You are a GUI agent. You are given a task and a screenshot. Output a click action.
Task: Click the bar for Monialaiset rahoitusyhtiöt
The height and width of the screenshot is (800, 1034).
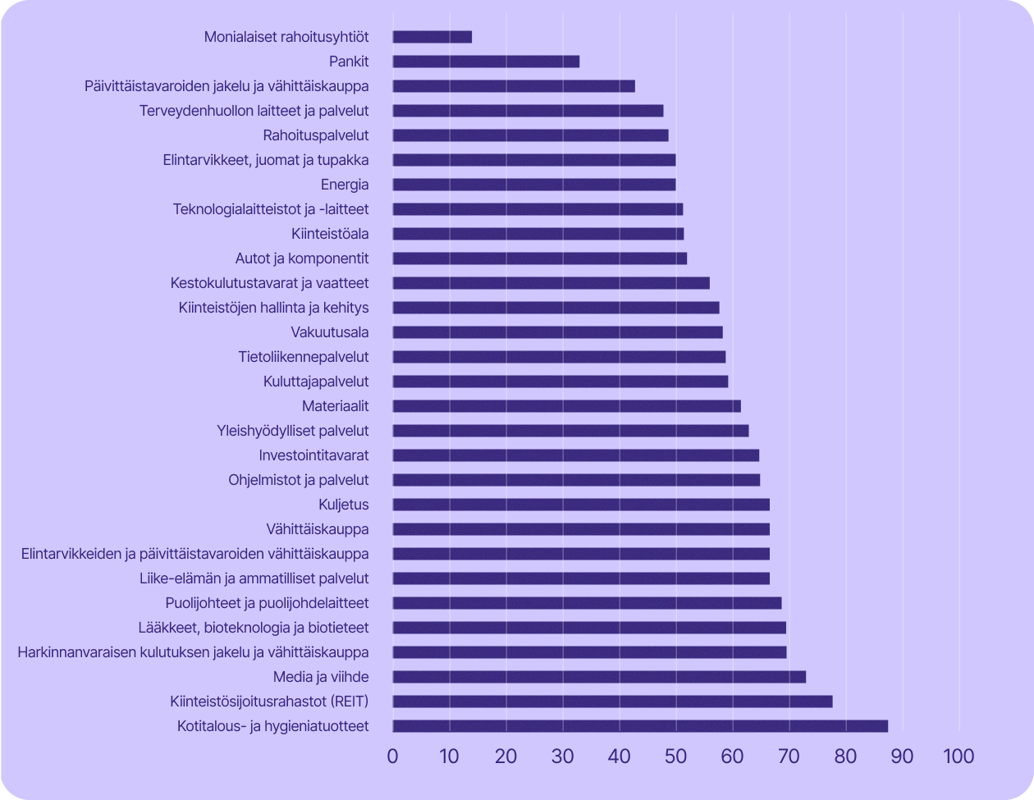[432, 37]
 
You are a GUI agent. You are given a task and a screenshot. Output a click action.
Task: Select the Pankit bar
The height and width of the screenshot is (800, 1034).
[486, 62]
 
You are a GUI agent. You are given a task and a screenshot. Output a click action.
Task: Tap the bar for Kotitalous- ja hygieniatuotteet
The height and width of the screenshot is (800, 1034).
[640, 726]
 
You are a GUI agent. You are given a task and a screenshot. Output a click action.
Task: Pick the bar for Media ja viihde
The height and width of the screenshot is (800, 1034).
[599, 677]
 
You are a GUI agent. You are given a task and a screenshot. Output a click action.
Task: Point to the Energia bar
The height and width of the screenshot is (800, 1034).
[534, 185]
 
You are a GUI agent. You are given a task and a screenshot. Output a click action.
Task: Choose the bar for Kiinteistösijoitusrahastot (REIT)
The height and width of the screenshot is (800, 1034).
[612, 702]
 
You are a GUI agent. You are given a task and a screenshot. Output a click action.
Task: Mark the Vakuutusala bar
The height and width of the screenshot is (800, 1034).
[557, 332]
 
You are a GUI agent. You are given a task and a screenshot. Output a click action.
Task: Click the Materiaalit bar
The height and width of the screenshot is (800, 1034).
[566, 406]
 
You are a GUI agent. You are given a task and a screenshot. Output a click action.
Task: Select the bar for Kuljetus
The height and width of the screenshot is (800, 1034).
[581, 505]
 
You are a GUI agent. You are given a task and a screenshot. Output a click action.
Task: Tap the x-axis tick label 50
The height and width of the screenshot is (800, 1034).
[675, 756]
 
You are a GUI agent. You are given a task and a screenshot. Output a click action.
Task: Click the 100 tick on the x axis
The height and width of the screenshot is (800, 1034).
[959, 756]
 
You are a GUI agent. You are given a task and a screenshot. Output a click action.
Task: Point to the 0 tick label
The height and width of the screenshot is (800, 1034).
[393, 756]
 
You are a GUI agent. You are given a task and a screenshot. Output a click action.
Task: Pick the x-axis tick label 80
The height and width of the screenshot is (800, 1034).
[845, 756]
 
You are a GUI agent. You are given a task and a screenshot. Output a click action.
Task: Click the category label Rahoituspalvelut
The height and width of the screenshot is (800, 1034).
[315, 135]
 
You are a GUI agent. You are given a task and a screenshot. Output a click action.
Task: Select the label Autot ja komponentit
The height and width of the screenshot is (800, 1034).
[301, 258]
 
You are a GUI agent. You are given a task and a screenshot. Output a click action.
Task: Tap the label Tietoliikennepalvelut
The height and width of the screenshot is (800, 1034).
[303, 357]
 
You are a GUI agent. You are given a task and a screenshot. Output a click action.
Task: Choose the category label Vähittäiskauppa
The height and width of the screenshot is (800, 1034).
[317, 529]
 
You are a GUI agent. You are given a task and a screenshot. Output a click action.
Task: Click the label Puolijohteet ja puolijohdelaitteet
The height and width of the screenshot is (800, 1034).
[267, 603]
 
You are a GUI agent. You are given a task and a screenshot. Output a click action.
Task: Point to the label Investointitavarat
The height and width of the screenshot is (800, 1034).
[313, 455]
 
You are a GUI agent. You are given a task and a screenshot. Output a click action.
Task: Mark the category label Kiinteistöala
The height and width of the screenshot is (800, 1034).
[329, 234]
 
